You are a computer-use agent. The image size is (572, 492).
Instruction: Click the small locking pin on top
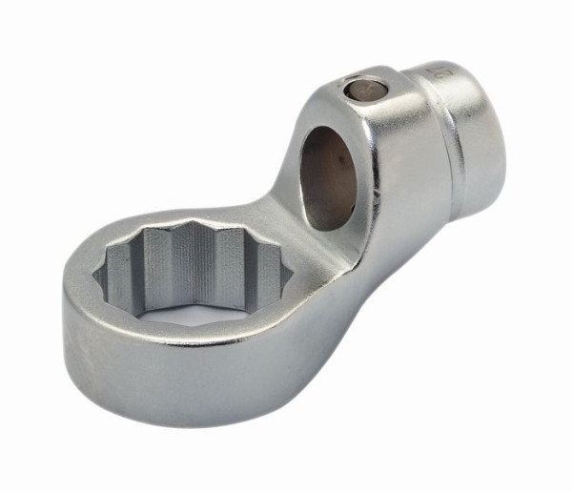[x=365, y=90]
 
